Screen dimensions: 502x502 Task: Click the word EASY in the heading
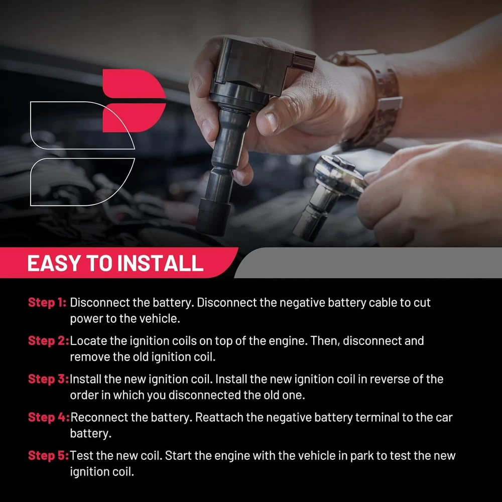pyautogui.click(x=54, y=263)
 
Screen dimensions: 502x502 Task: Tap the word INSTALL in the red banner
pyautogui.click(x=160, y=263)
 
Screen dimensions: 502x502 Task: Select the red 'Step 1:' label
pyautogui.click(x=47, y=303)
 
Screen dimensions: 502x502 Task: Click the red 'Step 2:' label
pyautogui.click(x=48, y=341)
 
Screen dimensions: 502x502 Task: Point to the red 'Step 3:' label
pyautogui.click(x=48, y=379)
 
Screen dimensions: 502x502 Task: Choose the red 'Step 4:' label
pyautogui.click(x=49, y=417)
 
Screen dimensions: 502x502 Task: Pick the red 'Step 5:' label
pyautogui.click(x=48, y=456)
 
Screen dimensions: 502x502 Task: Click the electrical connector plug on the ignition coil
pyautogui.click(x=304, y=61)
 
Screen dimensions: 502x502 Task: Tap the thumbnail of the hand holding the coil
pyautogui.click(x=272, y=122)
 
